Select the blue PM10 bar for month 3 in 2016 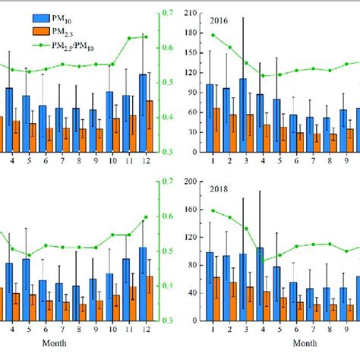tap(242, 114)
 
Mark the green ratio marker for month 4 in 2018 tap(263, 261)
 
